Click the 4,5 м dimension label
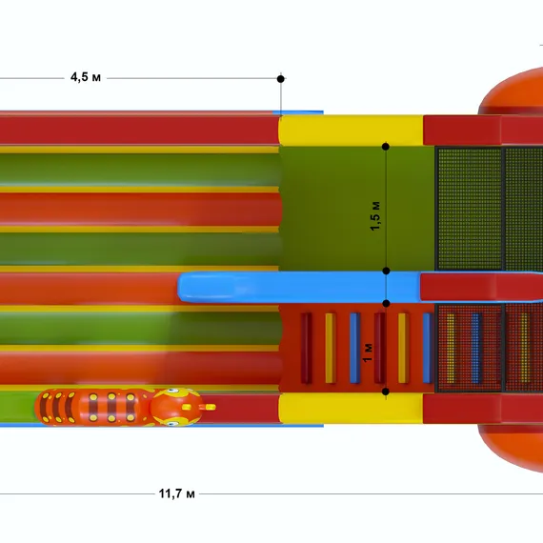[x=86, y=77]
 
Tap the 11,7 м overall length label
[x=176, y=493]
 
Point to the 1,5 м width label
[x=375, y=215]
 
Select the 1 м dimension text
[x=368, y=352]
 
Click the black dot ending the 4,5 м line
[x=281, y=79]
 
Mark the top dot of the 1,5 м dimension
[x=386, y=147]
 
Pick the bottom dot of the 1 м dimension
[x=386, y=392]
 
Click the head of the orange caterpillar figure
[x=176, y=407]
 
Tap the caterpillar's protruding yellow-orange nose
[x=208, y=407]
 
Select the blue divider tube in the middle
[x=299, y=287]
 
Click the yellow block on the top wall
[x=351, y=131]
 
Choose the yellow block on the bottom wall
[x=351, y=408]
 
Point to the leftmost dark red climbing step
[x=306, y=348]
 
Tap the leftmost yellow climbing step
[x=331, y=348]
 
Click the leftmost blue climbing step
[x=355, y=348]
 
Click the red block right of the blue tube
[x=481, y=287]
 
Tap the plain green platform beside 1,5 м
[x=356, y=209]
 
